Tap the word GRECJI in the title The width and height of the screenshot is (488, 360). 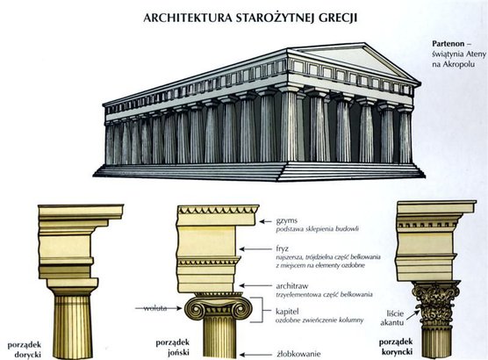pyautogui.click(x=338, y=18)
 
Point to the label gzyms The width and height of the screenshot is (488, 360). pyautogui.click(x=287, y=221)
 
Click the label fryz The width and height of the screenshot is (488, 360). pyautogui.click(x=283, y=248)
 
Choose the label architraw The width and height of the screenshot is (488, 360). pyautogui.click(x=292, y=286)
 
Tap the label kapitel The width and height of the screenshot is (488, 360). pyautogui.click(x=287, y=312)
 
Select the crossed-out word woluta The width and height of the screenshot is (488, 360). pyautogui.click(x=155, y=308)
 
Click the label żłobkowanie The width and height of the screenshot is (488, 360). pyautogui.click(x=298, y=354)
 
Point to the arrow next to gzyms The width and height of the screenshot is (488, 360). pyautogui.click(x=265, y=221)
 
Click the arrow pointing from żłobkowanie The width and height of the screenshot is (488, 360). pyautogui.click(x=255, y=355)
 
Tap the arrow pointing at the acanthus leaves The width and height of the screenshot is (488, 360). pyautogui.click(x=411, y=315)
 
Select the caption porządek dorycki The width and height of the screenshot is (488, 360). pyautogui.click(x=25, y=349)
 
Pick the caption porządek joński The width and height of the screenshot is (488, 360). pyautogui.click(x=173, y=348)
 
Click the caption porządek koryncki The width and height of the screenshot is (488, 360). pyautogui.click(x=396, y=347)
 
